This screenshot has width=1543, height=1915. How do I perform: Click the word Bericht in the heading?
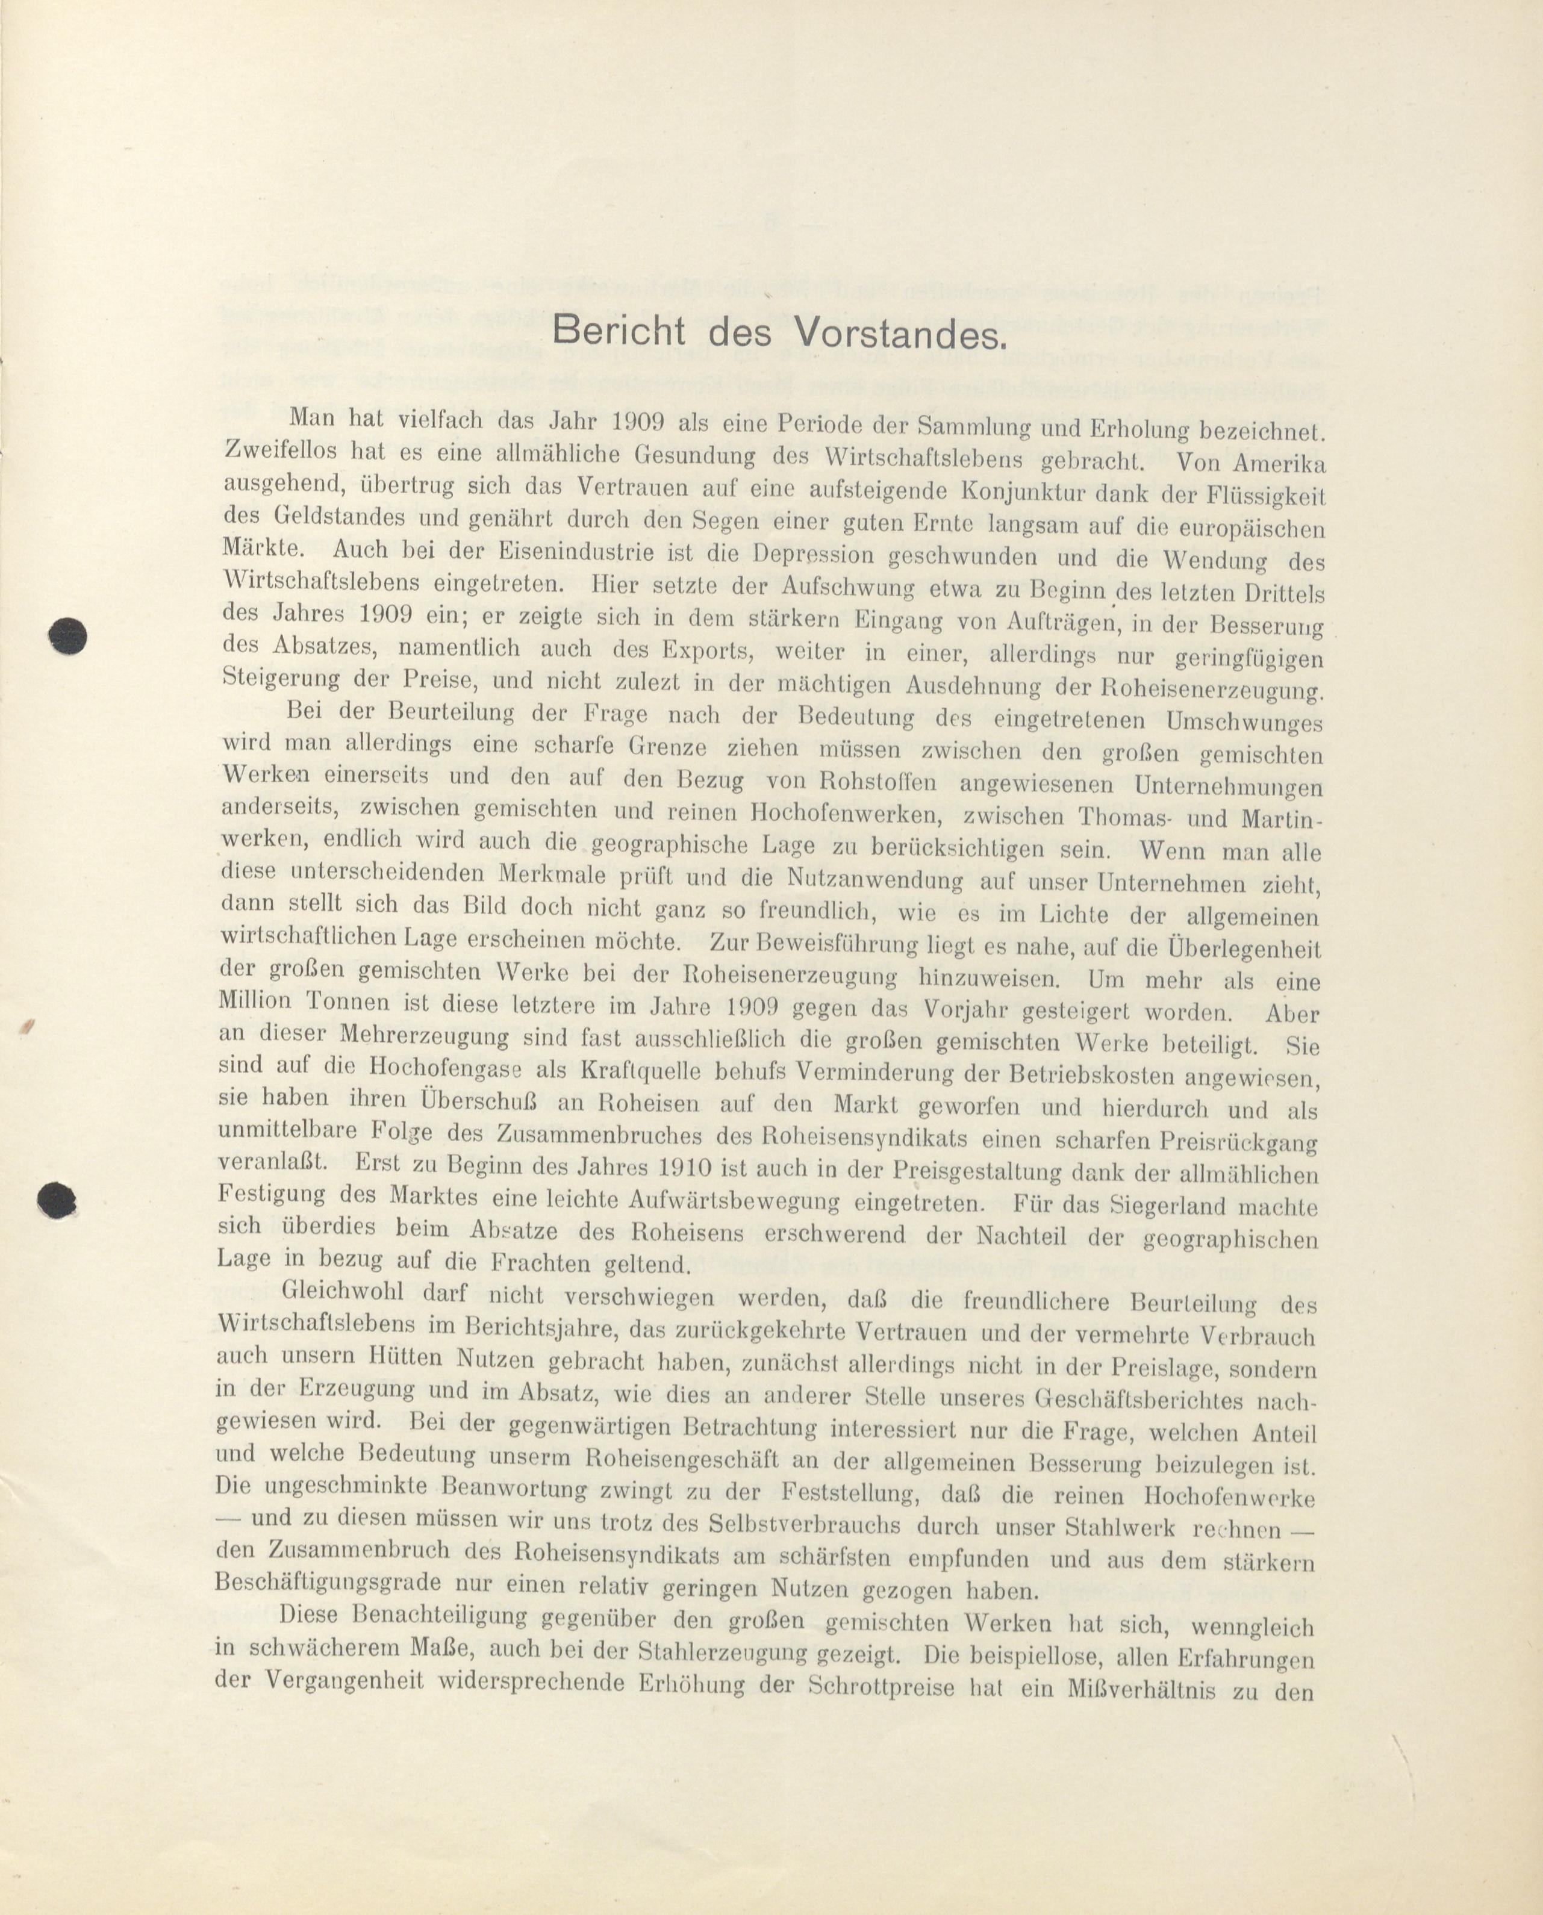pos(618,331)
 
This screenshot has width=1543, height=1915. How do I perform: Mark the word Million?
pos(255,1001)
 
